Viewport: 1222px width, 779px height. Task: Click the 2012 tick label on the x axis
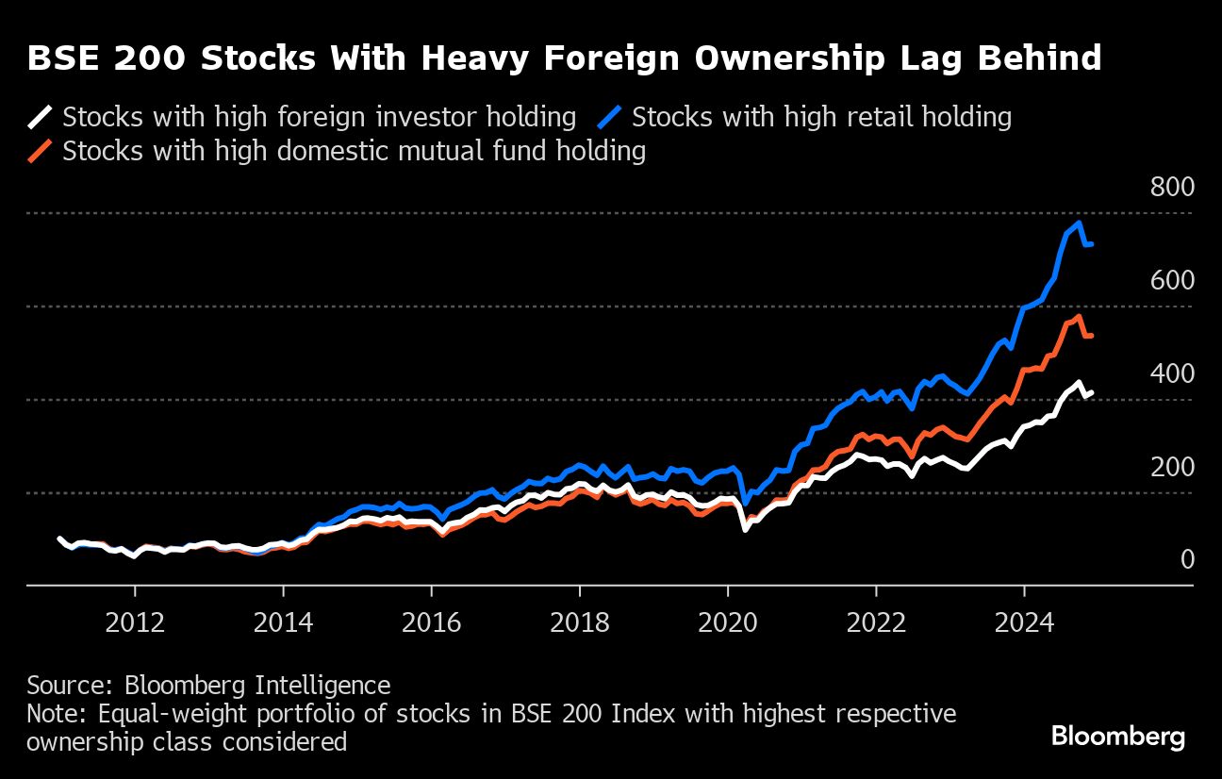pyautogui.click(x=135, y=622)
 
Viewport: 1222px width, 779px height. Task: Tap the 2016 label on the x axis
pyautogui.click(x=431, y=622)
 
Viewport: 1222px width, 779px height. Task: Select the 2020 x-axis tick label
pyautogui.click(x=728, y=622)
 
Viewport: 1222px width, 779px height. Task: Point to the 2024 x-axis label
pyautogui.click(x=1024, y=622)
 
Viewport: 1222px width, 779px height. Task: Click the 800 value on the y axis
pyautogui.click(x=1172, y=187)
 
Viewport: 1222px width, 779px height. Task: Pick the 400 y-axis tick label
pyautogui.click(x=1172, y=373)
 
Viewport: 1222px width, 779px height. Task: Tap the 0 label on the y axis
pyautogui.click(x=1187, y=560)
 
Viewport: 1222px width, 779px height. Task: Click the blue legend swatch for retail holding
pyautogui.click(x=612, y=118)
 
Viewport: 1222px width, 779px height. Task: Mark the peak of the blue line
pyautogui.click(x=1078, y=224)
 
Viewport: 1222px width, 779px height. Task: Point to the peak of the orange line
pyautogui.click(x=1078, y=317)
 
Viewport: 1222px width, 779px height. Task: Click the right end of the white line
pyautogui.click(x=1091, y=392)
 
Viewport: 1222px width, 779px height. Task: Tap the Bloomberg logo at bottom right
pyautogui.click(x=1118, y=737)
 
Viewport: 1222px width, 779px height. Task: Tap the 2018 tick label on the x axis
pyautogui.click(x=580, y=622)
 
